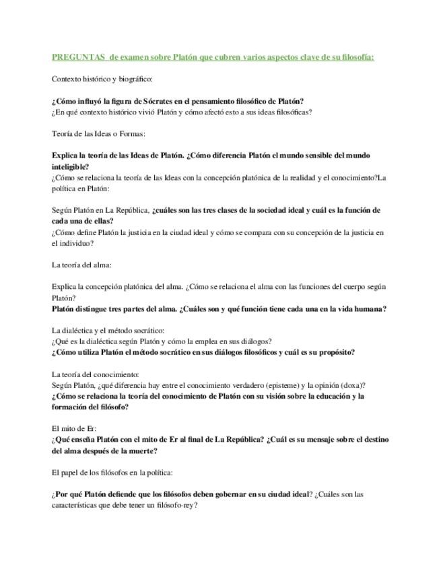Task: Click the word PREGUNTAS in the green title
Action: [78, 57]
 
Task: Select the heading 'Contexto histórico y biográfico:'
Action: [102, 79]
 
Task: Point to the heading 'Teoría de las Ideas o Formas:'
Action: [98, 134]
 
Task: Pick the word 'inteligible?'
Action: [71, 166]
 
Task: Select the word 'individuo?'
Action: [73, 243]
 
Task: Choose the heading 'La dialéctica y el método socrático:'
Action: [108, 331]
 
